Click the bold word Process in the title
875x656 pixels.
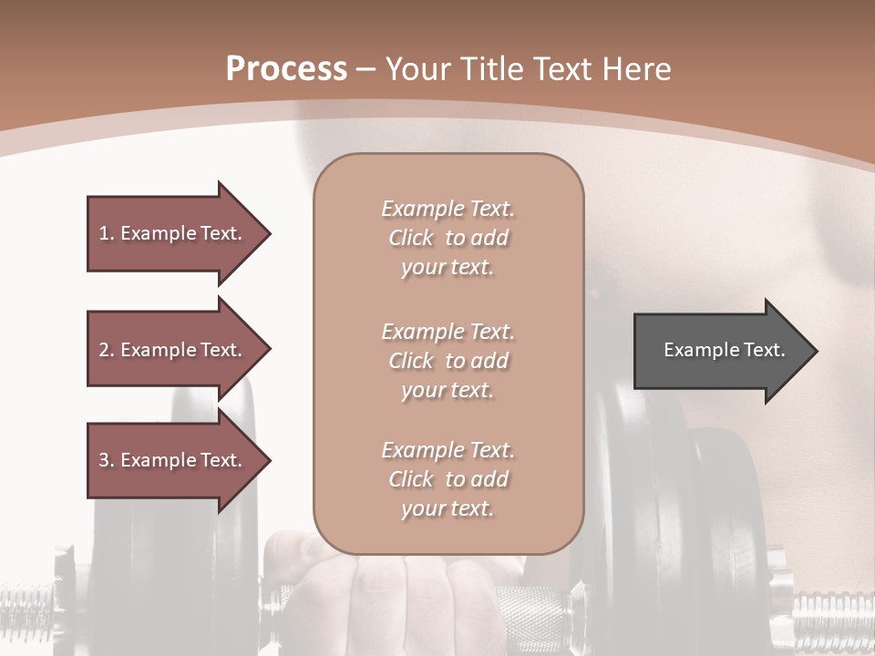click(x=286, y=69)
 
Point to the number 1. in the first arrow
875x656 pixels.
click(x=107, y=233)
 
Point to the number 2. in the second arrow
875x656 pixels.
click(x=107, y=350)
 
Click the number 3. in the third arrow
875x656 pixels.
click(x=107, y=460)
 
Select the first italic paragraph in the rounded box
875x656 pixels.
click(x=448, y=238)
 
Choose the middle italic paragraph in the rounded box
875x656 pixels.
click(x=448, y=361)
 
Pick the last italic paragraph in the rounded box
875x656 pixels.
click(x=448, y=479)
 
